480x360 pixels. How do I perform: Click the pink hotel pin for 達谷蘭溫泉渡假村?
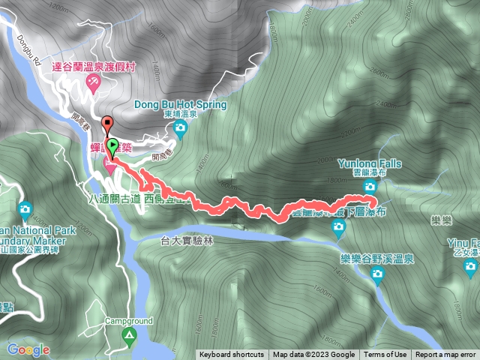93,84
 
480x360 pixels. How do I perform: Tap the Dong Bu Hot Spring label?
180,106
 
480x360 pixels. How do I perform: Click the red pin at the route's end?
107,124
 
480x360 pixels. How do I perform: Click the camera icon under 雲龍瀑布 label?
370,186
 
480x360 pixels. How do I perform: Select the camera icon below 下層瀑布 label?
338,228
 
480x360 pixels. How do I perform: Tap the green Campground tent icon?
129,335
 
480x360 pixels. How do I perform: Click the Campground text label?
128,321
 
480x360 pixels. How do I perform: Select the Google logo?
28,349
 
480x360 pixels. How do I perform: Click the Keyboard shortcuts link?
231,355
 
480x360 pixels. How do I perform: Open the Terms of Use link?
385,355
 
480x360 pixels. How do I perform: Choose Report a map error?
445,355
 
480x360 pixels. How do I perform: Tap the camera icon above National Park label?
25,208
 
